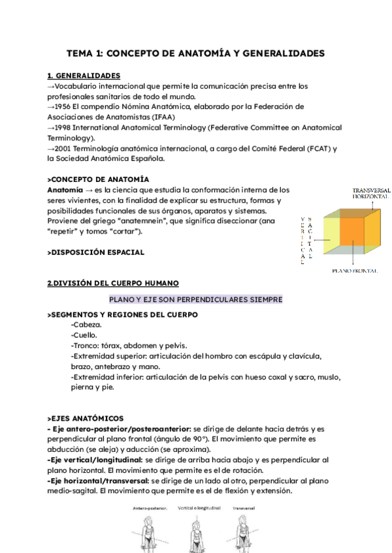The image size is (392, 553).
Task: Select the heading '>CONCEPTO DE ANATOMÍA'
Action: pyautogui.click(x=98, y=179)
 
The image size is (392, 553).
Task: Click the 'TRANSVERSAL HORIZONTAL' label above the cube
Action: pyautogui.click(x=370, y=192)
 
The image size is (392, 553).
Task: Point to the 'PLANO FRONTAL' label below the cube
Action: pyautogui.click(x=356, y=270)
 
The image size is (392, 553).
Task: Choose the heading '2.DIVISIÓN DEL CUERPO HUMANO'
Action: pyautogui.click(x=108, y=283)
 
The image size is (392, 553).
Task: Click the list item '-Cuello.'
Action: pyautogui.click(x=85, y=335)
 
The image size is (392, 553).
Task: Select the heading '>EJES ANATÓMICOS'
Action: pyautogui.click(x=86, y=418)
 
